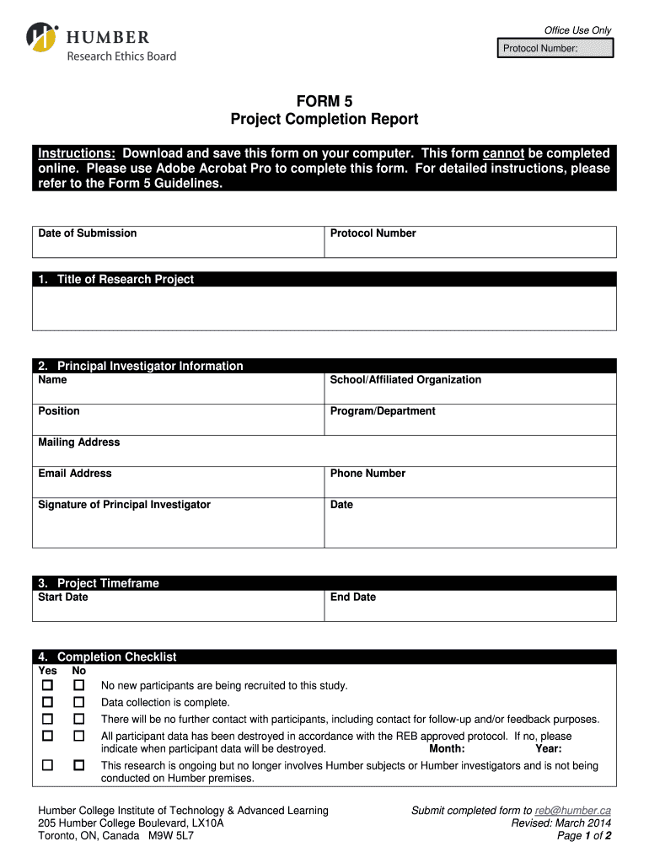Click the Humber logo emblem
tap(41, 37)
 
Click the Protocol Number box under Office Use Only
tap(554, 48)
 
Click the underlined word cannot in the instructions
tap(503, 153)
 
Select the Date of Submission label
tap(88, 233)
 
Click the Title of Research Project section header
tap(125, 280)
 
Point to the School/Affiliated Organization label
tap(405, 380)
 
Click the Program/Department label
tap(383, 411)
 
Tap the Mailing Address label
tap(79, 442)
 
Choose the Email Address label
tap(75, 474)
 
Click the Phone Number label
tap(367, 474)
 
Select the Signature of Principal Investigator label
tap(124, 505)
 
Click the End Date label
tap(353, 598)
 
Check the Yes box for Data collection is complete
tap(48, 702)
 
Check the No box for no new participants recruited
tap(79, 686)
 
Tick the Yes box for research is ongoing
tap(48, 765)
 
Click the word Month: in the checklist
tap(447, 748)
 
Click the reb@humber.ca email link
tap(573, 811)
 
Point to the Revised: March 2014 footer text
tap(560, 823)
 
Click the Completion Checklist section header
tap(116, 657)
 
